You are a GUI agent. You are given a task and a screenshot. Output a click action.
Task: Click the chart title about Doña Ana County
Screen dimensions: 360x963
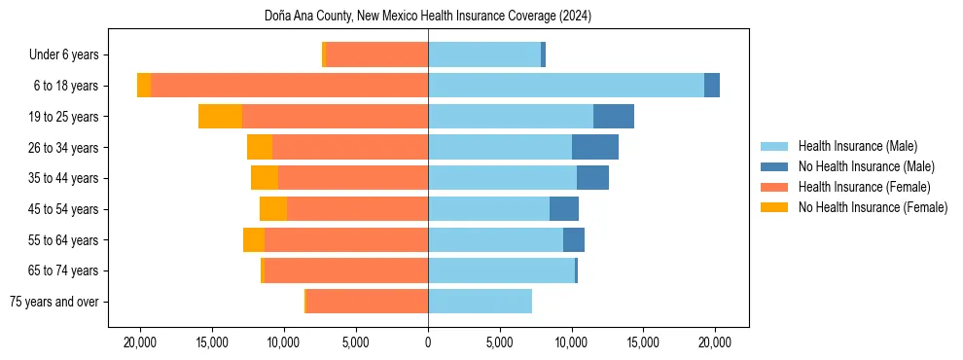[428, 17]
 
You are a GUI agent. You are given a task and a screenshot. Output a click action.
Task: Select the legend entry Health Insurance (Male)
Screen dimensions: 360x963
[857, 147]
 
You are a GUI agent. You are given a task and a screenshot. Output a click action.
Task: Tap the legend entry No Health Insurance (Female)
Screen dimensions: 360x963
[873, 207]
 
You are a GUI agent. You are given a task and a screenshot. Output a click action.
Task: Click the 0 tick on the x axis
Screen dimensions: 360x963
[428, 342]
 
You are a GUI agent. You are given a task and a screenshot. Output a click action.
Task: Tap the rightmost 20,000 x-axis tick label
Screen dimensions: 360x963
[715, 342]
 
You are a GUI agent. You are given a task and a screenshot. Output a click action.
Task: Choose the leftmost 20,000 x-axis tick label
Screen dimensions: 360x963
[140, 342]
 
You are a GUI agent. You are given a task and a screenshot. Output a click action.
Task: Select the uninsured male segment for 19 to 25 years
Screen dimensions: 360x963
[614, 117]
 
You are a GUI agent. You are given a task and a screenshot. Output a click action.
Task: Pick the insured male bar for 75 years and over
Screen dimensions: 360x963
[480, 302]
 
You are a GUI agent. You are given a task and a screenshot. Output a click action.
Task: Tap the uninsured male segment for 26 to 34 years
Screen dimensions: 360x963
[595, 147]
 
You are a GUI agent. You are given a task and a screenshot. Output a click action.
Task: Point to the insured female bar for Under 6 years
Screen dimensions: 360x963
[376, 55]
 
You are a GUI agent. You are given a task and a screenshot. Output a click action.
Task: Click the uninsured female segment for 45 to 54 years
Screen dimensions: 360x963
[273, 209]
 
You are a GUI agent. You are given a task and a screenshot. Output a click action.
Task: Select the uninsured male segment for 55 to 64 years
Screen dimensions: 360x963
[574, 239]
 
